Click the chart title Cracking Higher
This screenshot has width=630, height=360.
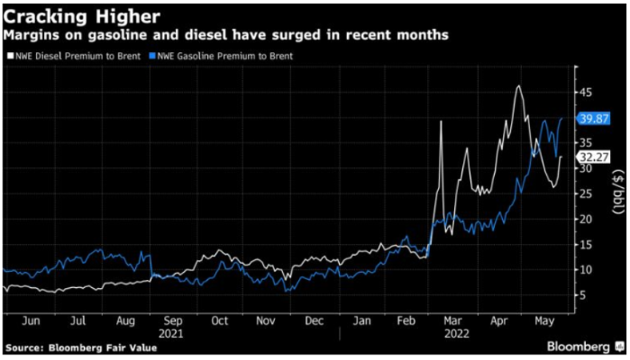point(76,15)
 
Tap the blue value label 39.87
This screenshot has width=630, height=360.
point(594,118)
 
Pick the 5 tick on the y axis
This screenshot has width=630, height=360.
point(584,295)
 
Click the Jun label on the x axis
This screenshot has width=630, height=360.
point(30,321)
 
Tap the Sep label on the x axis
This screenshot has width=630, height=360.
point(172,321)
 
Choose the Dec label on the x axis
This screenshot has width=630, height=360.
point(314,321)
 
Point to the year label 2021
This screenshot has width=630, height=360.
point(172,333)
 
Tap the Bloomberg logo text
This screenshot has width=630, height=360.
point(578,346)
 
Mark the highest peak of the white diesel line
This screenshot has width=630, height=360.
point(519,86)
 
